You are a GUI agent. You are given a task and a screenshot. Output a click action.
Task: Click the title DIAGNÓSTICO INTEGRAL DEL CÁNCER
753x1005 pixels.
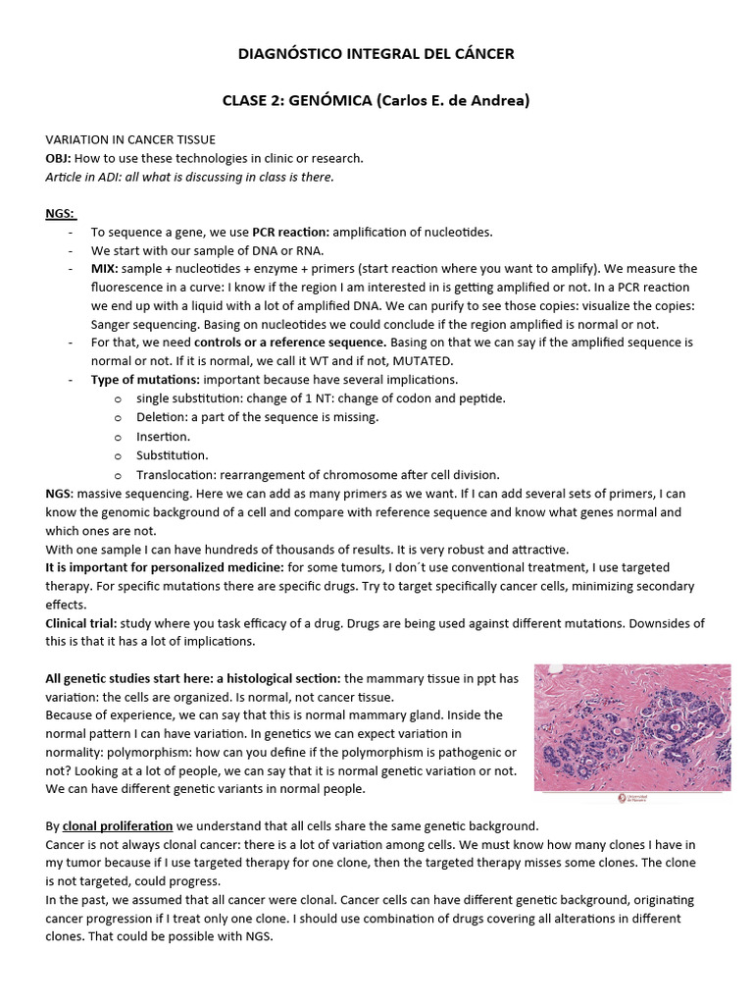click(x=376, y=54)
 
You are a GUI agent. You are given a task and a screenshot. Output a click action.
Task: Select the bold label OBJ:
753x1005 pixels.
click(x=59, y=158)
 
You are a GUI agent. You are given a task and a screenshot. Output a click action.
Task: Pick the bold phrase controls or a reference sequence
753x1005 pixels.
click(x=289, y=342)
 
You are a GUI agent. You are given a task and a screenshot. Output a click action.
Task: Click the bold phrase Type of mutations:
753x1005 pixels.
click(x=146, y=379)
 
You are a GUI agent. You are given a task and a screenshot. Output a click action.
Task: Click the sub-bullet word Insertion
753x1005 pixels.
click(x=163, y=436)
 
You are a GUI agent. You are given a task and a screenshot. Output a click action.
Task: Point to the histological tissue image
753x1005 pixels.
click(x=632, y=726)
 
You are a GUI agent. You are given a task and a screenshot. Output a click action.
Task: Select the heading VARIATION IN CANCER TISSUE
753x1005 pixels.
click(x=130, y=140)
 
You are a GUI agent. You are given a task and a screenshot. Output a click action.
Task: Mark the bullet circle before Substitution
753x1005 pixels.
click(x=118, y=455)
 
